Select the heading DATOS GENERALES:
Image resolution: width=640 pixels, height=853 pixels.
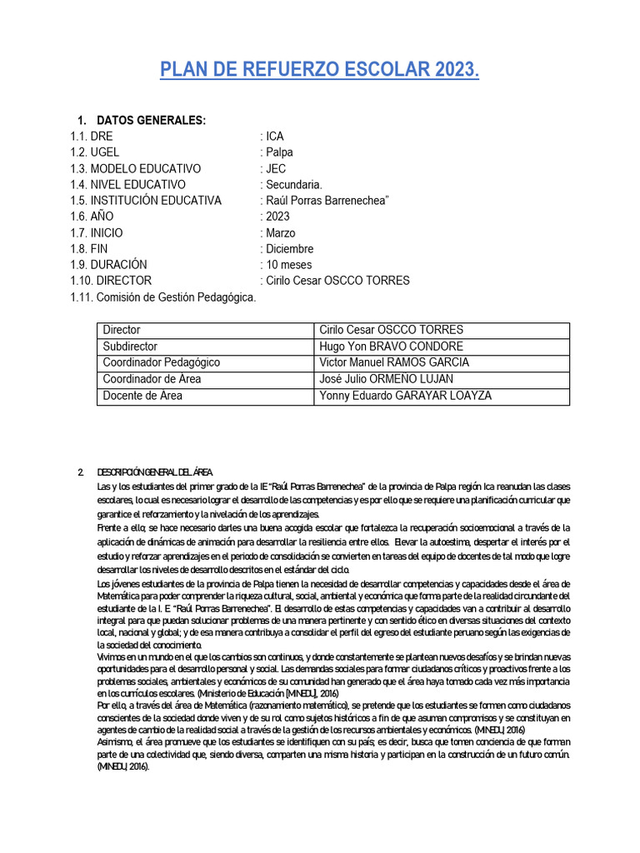[151, 121]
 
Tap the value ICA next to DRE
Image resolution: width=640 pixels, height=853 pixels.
[275, 137]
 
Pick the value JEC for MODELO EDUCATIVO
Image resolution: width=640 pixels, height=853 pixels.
[276, 168]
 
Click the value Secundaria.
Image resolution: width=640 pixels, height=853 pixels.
[293, 184]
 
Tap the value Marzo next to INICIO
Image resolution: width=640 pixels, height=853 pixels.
[280, 232]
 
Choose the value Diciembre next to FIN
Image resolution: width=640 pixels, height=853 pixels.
[289, 248]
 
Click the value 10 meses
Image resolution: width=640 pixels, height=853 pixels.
[288, 265]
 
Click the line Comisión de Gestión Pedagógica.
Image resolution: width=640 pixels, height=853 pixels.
[163, 297]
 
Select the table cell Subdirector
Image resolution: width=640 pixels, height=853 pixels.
[130, 347]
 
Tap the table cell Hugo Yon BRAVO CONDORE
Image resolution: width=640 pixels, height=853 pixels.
[391, 347]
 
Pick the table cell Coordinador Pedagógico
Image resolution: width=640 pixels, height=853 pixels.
[161, 362]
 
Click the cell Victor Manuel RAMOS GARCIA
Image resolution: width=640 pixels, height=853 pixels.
[394, 362]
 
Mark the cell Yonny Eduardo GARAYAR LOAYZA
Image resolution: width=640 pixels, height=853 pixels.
[405, 396]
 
